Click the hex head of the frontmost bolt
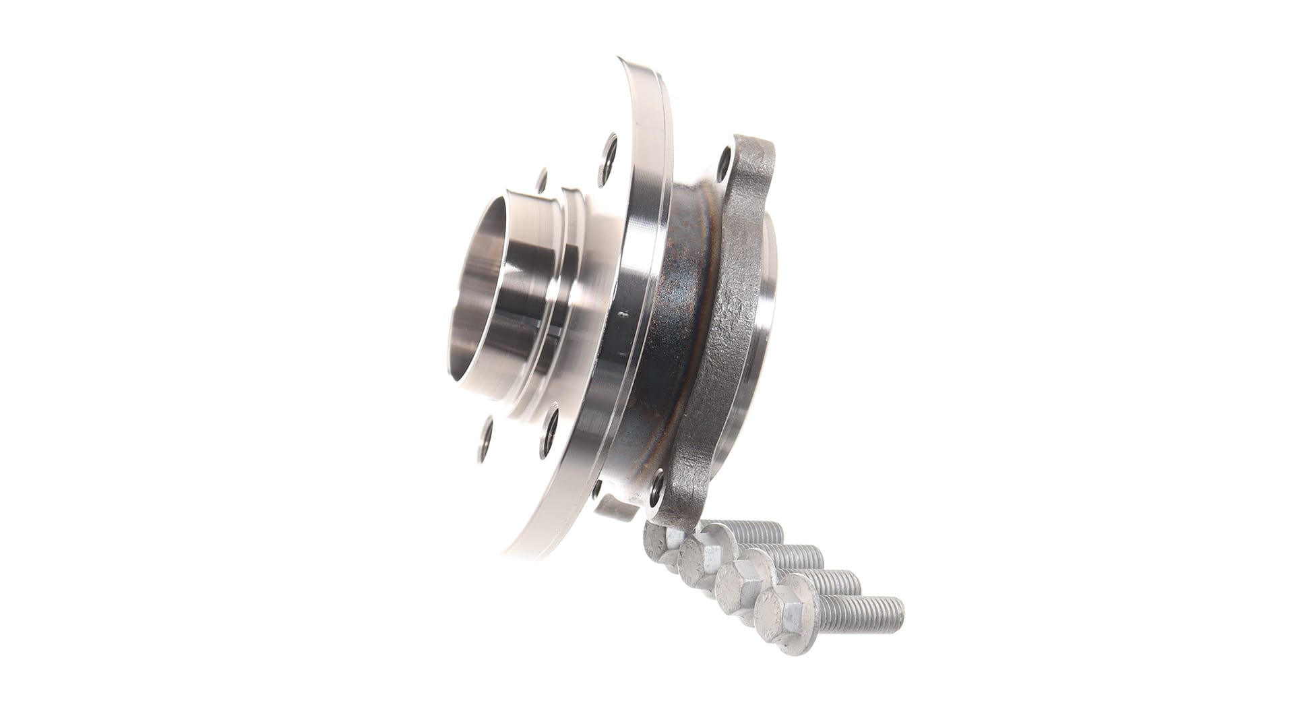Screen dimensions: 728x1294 pyautogui.click(x=782, y=613)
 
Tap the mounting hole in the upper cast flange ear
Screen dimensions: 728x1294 pyautogui.click(x=726, y=159)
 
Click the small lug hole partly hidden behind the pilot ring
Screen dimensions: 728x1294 pyautogui.click(x=541, y=181)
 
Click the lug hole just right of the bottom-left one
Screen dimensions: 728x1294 pyautogui.click(x=551, y=424)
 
